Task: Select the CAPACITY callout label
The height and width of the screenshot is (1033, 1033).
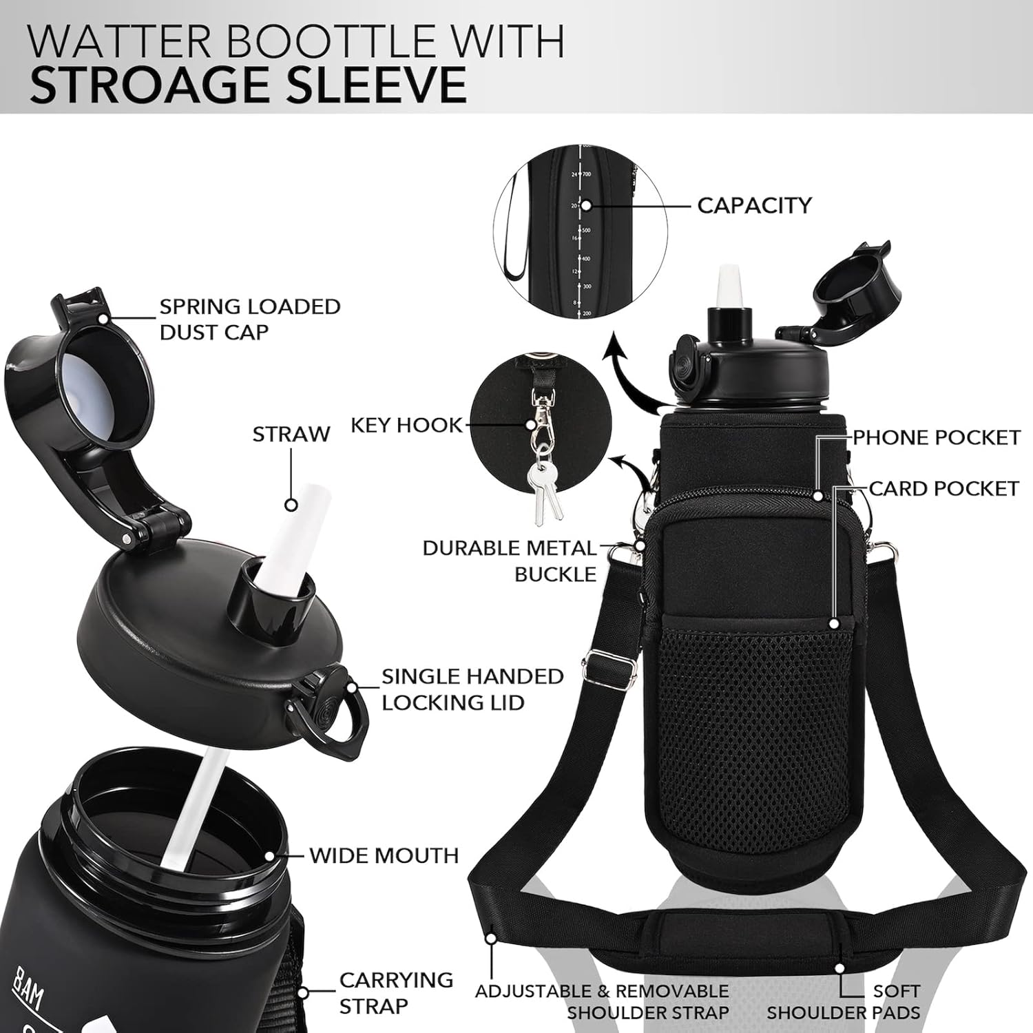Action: click(x=754, y=205)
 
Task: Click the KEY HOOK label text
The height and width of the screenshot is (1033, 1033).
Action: click(x=406, y=426)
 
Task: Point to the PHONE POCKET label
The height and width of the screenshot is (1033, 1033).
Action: click(x=937, y=438)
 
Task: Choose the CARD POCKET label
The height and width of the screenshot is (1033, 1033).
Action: click(x=943, y=488)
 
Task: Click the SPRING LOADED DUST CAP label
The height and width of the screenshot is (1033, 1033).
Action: click(x=249, y=319)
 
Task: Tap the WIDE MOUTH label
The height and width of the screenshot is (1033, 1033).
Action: click(x=384, y=855)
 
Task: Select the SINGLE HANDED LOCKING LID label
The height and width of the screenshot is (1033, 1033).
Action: click(x=472, y=689)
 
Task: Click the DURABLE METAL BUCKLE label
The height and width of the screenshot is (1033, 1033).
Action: click(x=510, y=561)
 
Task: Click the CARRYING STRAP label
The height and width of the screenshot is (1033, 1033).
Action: click(x=396, y=992)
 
